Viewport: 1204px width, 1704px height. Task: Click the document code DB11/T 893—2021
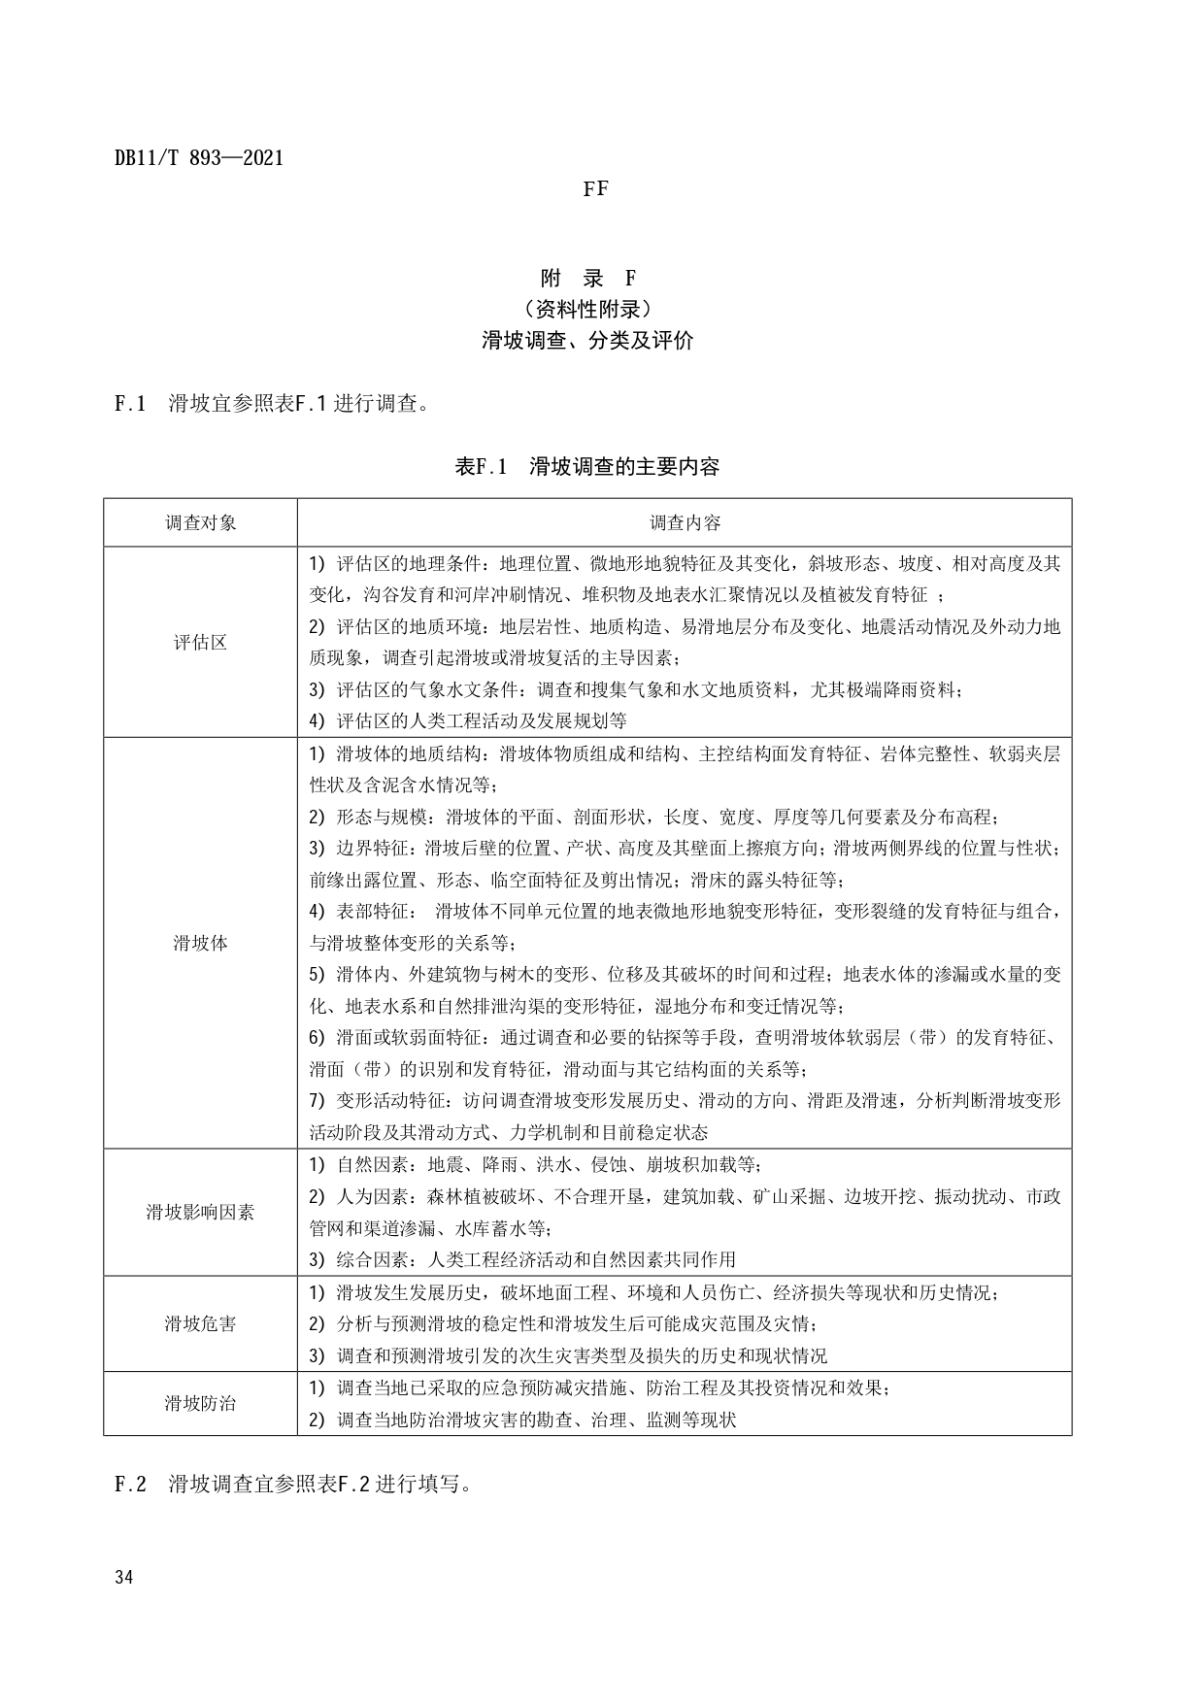pyautogui.click(x=199, y=158)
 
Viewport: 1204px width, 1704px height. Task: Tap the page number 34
pyautogui.click(x=123, y=1577)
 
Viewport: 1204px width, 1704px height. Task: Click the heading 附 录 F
pyautogui.click(x=588, y=279)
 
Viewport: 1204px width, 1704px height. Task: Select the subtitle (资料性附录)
pyautogui.click(x=588, y=310)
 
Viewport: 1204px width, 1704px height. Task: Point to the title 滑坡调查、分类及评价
pyautogui.click(x=588, y=341)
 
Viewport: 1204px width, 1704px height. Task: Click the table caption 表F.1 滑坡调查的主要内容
pyautogui.click(x=587, y=467)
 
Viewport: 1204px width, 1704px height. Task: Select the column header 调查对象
pyautogui.click(x=200, y=522)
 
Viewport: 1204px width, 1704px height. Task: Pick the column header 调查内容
pyautogui.click(x=685, y=522)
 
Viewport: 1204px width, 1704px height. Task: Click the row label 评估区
pyautogui.click(x=200, y=642)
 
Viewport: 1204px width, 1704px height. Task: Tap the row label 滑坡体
pyautogui.click(x=200, y=943)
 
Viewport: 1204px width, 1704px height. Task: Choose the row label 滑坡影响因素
pyautogui.click(x=200, y=1212)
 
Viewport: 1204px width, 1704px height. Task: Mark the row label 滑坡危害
pyautogui.click(x=200, y=1323)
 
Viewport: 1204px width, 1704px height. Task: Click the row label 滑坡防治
pyautogui.click(x=200, y=1403)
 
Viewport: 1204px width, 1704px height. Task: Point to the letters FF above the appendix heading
pyautogui.click(x=595, y=189)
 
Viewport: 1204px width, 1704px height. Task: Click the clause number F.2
pyautogui.click(x=130, y=1484)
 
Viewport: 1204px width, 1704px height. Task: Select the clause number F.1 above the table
pyautogui.click(x=130, y=404)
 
